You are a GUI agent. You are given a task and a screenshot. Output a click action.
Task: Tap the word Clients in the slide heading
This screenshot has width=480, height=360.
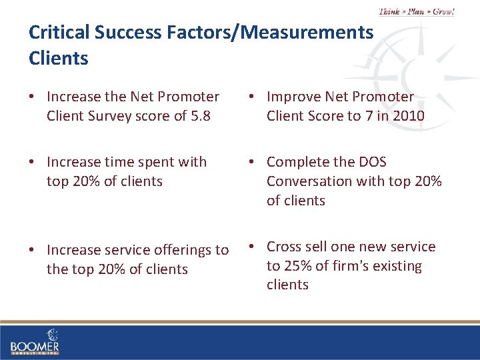(59, 58)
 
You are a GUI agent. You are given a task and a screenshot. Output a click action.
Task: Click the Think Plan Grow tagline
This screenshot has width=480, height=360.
(416, 11)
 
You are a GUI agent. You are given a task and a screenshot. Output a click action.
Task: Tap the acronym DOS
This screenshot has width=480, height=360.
(372, 162)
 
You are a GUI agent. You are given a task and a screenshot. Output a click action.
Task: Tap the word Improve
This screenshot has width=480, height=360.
(294, 97)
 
